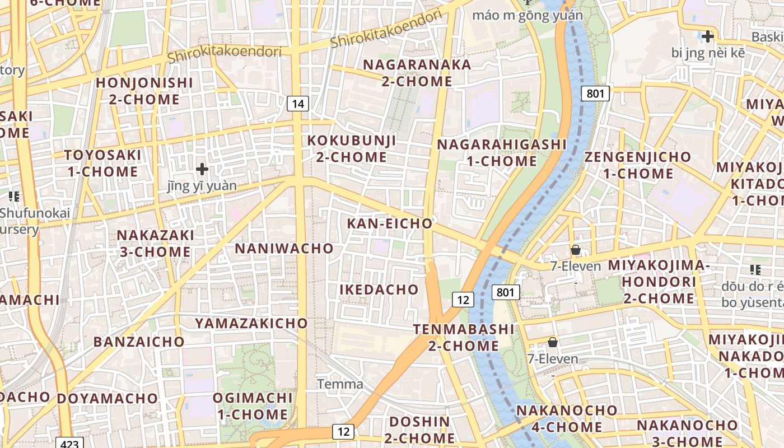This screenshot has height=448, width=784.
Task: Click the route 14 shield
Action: click(298, 103)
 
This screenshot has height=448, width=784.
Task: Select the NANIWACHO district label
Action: click(284, 248)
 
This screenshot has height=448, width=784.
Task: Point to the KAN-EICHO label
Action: click(390, 223)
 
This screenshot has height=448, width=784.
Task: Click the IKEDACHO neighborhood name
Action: click(379, 290)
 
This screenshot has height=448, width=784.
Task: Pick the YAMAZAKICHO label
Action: click(251, 323)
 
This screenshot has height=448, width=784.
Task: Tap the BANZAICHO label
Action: click(139, 342)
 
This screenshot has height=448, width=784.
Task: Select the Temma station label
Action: click(340, 384)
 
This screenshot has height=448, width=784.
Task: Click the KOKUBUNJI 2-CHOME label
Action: click(352, 149)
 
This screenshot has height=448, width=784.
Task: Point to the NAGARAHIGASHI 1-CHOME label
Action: click(502, 153)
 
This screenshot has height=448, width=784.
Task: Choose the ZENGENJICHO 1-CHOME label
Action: click(638, 165)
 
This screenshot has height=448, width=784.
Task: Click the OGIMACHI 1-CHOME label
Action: click(253, 407)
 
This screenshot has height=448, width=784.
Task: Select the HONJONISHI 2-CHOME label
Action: click(144, 91)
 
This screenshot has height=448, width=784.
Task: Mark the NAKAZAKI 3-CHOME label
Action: click(156, 243)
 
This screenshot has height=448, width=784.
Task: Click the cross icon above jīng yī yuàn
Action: click(202, 169)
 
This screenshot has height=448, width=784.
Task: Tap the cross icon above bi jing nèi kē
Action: click(708, 37)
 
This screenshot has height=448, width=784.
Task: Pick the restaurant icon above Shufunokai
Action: click(14, 197)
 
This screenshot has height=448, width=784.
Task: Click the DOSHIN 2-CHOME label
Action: click(420, 430)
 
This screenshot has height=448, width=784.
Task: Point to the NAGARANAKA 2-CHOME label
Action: click(417, 73)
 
